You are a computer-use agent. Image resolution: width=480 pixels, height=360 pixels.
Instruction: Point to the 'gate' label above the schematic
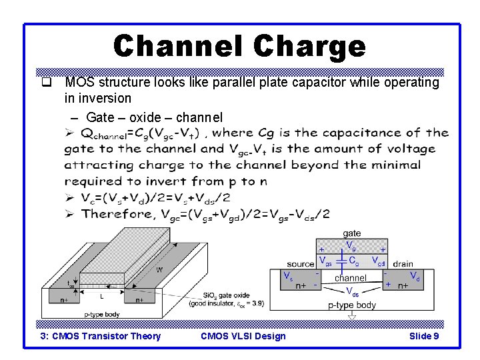[351, 233]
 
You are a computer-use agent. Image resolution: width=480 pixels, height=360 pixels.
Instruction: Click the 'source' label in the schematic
[301, 264]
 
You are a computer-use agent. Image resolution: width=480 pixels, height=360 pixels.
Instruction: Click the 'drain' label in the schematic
[403, 264]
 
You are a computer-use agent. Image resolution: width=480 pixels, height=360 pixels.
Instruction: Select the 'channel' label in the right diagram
[351, 277]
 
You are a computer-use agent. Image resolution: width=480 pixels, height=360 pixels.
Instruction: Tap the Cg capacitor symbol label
[354, 260]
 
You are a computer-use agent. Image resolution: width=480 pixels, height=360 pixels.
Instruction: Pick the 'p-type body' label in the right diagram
[352, 305]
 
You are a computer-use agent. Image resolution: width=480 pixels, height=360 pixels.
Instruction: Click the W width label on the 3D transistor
[159, 270]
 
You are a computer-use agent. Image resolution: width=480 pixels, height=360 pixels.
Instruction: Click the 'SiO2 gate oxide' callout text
[221, 295]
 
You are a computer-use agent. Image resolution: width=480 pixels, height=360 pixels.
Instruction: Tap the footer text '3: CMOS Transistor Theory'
[101, 336]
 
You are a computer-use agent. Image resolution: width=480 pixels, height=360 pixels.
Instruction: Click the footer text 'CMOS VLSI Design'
[243, 336]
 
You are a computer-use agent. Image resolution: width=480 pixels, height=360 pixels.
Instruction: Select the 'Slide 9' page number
[423, 336]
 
